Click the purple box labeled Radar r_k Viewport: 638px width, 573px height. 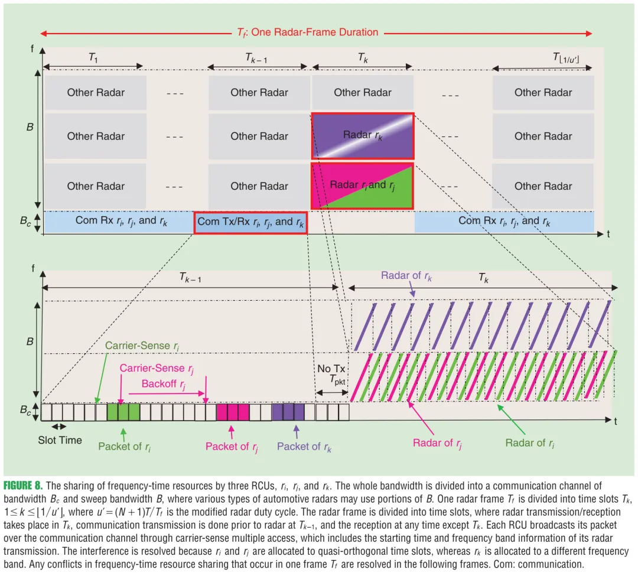(x=362, y=136)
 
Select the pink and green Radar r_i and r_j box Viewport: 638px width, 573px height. (x=362, y=185)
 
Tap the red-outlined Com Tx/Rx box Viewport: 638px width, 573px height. (x=250, y=222)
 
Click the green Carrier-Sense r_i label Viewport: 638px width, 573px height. (x=142, y=346)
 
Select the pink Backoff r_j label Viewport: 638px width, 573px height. (x=164, y=384)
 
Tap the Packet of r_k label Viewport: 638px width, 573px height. (x=304, y=447)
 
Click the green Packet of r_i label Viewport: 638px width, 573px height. (x=124, y=447)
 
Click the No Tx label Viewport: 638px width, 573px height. (x=331, y=369)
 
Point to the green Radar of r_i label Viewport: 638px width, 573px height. (x=529, y=443)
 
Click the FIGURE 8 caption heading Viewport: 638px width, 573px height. (x=23, y=486)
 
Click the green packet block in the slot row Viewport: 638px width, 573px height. (x=123, y=412)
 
